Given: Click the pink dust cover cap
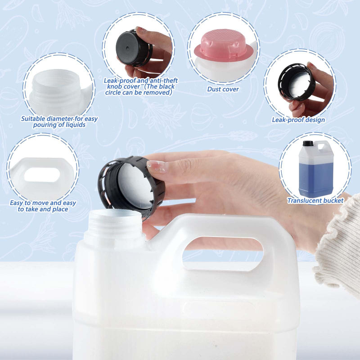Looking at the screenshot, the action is tap(223, 46).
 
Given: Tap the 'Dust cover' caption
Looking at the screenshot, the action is tap(223, 89).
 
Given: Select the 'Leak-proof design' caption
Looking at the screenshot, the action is tap(298, 120).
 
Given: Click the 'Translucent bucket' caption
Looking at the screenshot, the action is tap(315, 201).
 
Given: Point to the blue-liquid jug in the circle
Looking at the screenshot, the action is tap(316, 169).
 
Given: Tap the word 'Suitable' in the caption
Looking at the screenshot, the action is tap(33, 119).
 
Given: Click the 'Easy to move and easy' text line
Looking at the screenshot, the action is tap(43, 203).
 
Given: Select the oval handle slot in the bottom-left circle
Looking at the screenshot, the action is tap(42, 175).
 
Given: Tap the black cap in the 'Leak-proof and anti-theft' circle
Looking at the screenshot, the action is tap(134, 49).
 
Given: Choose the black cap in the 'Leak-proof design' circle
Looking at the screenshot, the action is tap(297, 82).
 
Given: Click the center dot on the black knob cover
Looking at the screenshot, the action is tap(127, 48).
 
